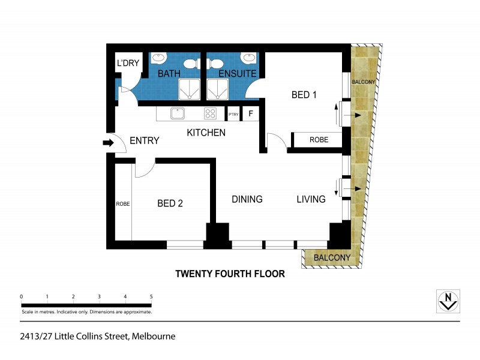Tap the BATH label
[169, 74]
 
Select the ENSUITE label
[237, 74]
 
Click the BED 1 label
[304, 95]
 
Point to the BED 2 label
[170, 203]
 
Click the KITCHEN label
[206, 133]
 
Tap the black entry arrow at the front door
[108, 143]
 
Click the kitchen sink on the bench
[177, 113]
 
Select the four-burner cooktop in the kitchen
[210, 113]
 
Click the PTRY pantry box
[233, 113]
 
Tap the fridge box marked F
[251, 113]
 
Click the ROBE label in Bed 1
[319, 140]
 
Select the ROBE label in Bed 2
[123, 204]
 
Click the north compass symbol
[447, 300]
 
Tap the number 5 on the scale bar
[151, 297]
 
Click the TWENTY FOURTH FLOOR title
[229, 274]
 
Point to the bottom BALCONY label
[328, 258]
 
